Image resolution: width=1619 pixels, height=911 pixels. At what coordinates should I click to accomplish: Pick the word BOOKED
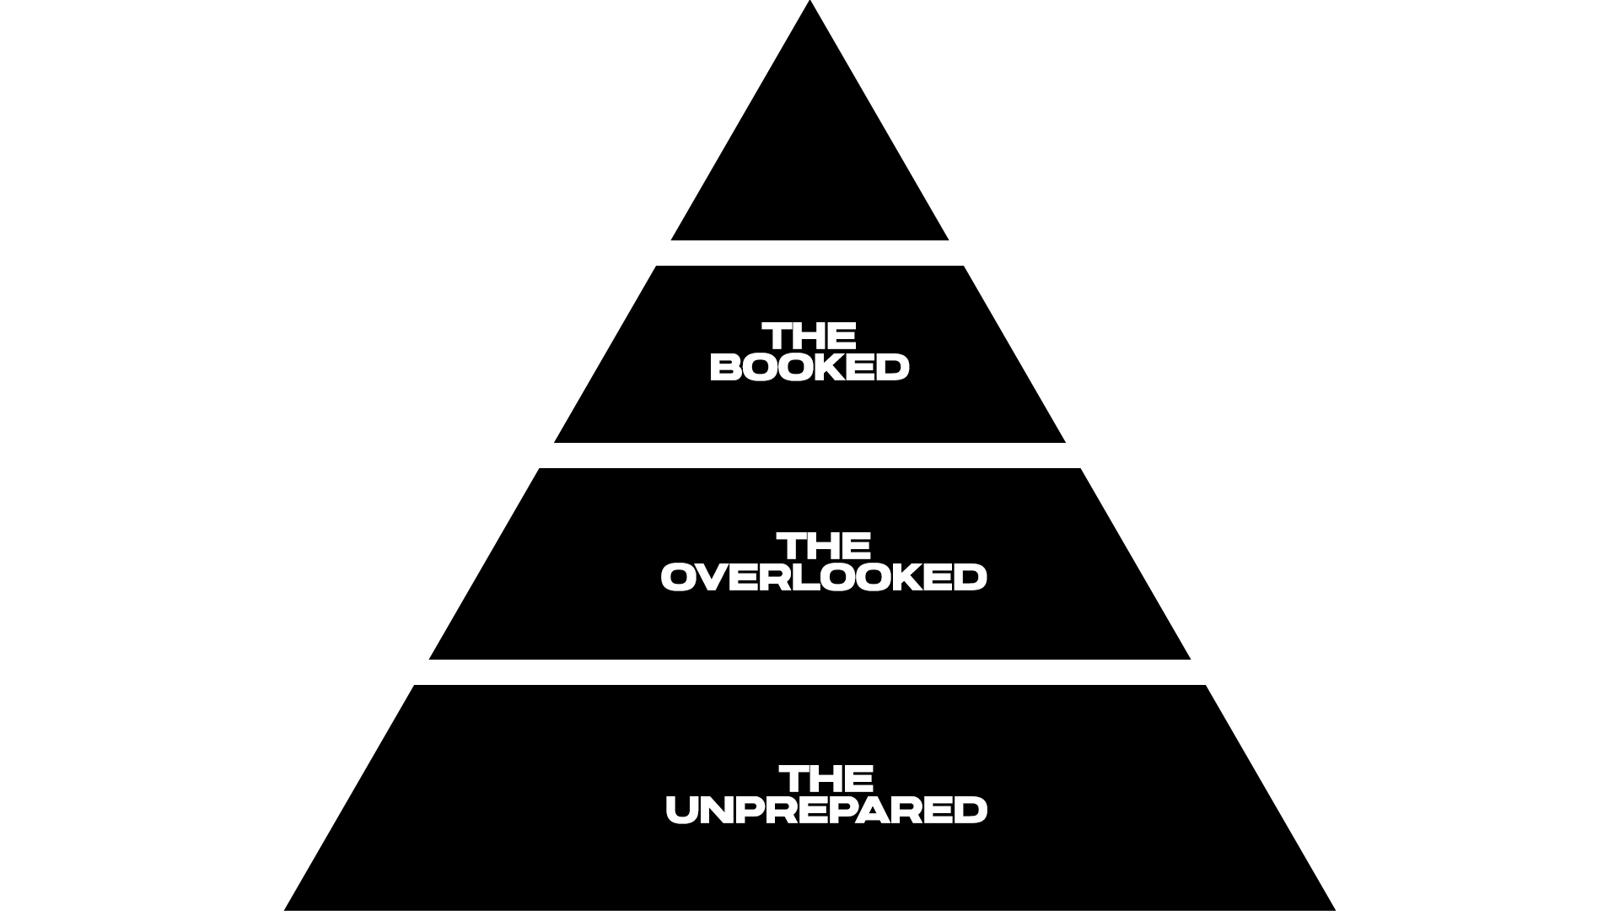click(x=809, y=368)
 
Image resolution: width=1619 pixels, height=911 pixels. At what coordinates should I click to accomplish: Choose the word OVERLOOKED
click(x=824, y=578)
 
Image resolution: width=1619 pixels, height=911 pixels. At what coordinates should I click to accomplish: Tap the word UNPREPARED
click(x=826, y=811)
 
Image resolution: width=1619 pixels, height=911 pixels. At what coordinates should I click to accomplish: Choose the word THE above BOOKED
click(x=809, y=337)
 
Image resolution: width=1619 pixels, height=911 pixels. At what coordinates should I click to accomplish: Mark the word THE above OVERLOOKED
click(x=824, y=547)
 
